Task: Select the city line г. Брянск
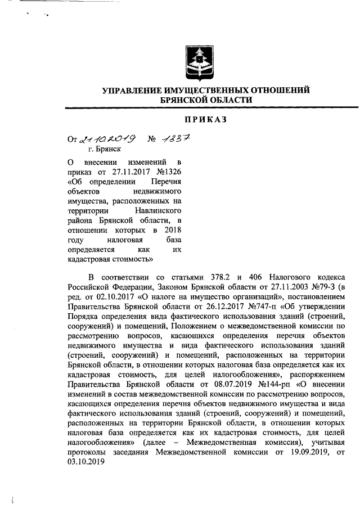pos(106,151)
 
